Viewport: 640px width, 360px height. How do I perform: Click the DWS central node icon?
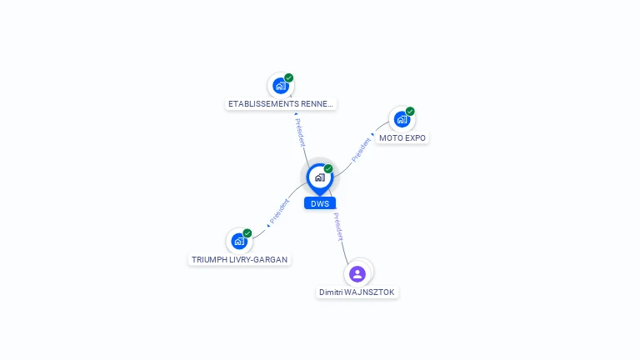(319, 177)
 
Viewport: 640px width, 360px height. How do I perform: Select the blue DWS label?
(320, 203)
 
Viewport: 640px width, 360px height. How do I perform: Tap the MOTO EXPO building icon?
(402, 119)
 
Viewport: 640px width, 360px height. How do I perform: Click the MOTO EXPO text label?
(402, 137)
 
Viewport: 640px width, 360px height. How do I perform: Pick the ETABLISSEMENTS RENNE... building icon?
(281, 86)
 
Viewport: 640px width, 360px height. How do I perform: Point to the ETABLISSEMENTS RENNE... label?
(281, 104)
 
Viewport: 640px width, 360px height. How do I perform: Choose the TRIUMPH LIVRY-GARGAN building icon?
(239, 242)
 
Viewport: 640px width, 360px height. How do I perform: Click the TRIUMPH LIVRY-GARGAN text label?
(239, 259)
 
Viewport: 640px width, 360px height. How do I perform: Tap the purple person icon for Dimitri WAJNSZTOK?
(357, 273)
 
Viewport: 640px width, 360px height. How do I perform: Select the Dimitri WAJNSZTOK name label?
(357, 292)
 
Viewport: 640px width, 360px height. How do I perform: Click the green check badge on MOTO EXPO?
(410, 111)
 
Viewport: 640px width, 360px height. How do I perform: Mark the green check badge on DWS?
(328, 168)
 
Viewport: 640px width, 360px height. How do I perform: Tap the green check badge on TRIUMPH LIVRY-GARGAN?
(247, 233)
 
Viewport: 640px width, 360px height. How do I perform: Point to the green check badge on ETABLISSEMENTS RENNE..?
(289, 77)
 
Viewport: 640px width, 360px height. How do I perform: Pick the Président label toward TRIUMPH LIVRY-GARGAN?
(279, 212)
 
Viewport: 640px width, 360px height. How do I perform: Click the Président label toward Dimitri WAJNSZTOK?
(338, 227)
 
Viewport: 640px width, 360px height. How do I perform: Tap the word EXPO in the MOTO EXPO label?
(415, 137)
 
